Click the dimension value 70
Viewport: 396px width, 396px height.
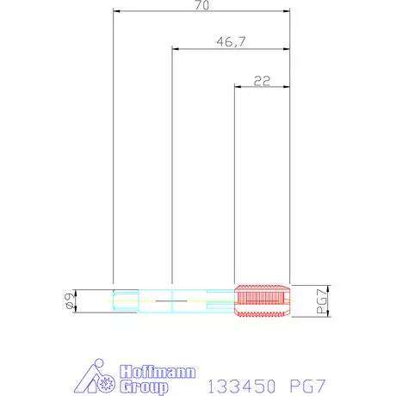click(x=202, y=5)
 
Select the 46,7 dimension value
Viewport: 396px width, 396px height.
click(x=231, y=42)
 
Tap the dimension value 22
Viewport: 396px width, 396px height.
click(x=262, y=81)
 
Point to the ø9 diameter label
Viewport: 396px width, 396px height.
click(x=70, y=301)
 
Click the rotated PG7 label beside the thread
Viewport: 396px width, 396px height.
click(x=322, y=301)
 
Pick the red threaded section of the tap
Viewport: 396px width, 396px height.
click(x=262, y=301)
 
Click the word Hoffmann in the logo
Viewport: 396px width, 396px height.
click(x=158, y=372)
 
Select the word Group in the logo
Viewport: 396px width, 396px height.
click(x=144, y=387)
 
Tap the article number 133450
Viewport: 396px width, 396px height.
click(x=242, y=386)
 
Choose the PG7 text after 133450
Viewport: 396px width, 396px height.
click(x=307, y=386)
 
